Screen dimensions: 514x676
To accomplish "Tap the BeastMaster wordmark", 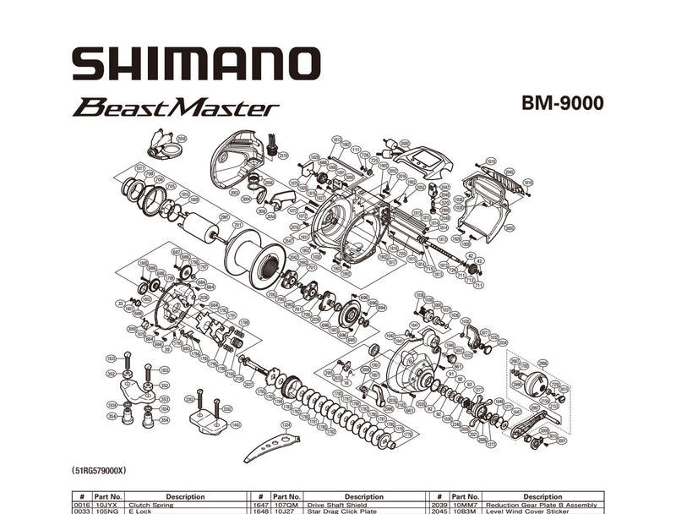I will click(176, 108).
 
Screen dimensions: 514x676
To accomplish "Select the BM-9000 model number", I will click(562, 103).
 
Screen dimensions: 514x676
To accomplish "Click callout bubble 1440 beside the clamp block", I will click(236, 424).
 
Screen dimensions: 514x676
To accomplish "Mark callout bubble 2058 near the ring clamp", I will click(181, 138).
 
